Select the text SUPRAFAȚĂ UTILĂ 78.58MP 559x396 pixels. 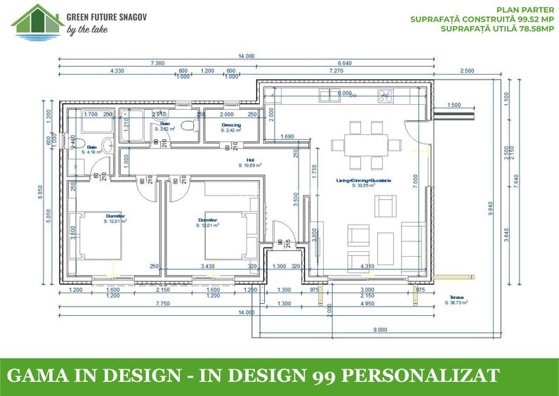[x=500, y=30]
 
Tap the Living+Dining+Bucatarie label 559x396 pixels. [x=364, y=181]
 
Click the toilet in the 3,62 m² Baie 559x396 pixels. [x=185, y=127]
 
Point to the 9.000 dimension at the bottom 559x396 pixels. [x=379, y=329]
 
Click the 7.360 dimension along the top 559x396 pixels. [x=157, y=63]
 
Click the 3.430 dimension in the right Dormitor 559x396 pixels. [x=209, y=267]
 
